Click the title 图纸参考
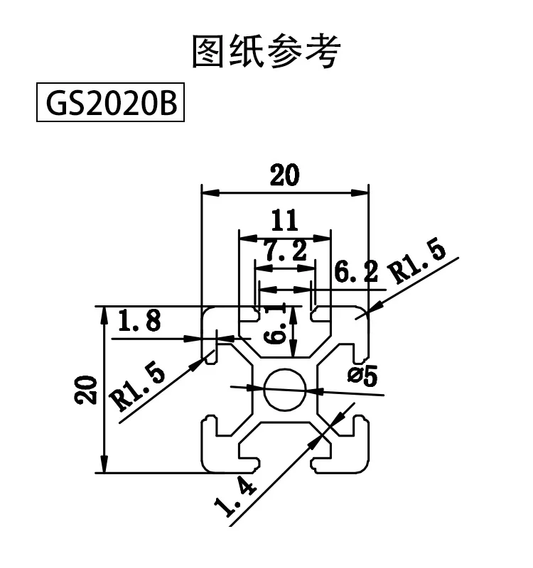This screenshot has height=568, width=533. point(266,53)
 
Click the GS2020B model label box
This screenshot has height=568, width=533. point(110,104)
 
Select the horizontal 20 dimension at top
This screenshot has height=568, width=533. point(284,175)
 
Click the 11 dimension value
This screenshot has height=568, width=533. point(284,221)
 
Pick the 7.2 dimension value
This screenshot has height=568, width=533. point(284,251)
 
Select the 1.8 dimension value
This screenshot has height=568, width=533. point(139,322)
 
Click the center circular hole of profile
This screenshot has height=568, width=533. point(285,388)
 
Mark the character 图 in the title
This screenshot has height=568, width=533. point(210,53)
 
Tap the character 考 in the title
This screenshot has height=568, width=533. point(323,53)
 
